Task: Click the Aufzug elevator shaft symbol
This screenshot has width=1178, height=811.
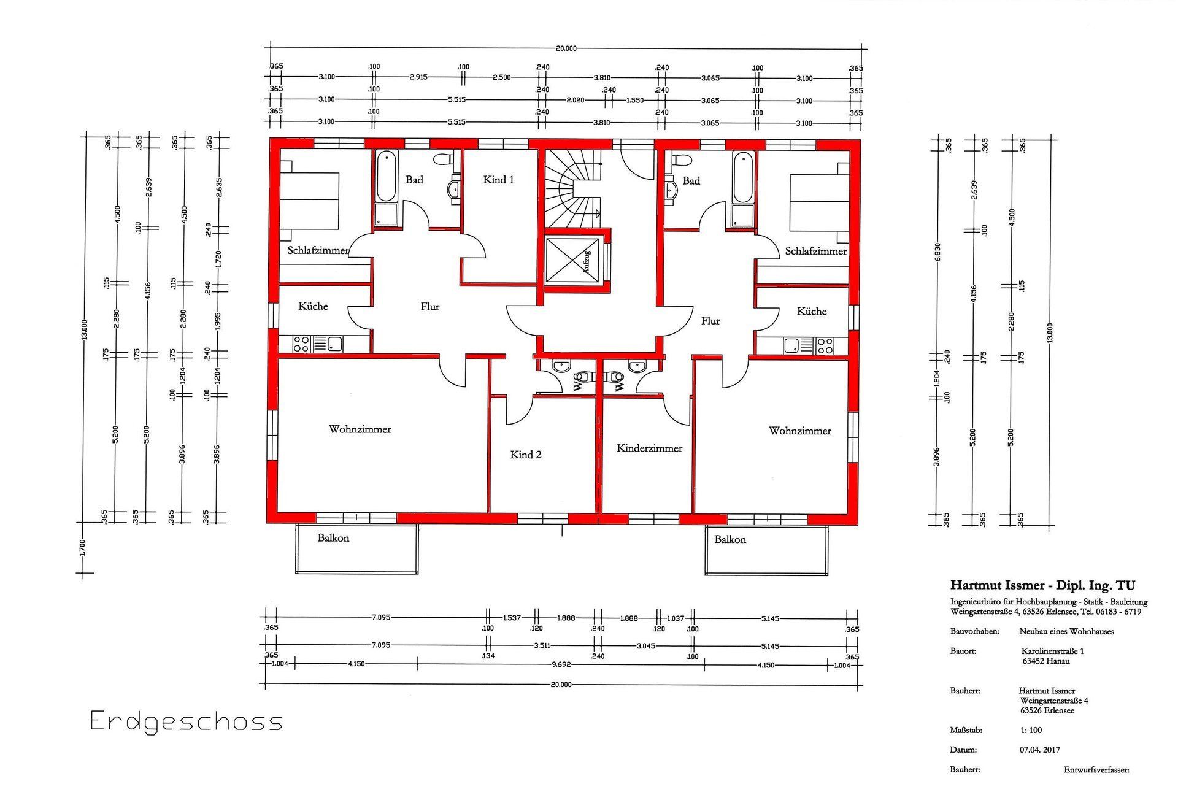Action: (573, 261)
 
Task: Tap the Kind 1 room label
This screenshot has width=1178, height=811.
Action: (498, 180)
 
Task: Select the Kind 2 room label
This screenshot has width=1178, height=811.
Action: (526, 455)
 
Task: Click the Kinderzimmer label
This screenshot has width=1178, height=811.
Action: (649, 448)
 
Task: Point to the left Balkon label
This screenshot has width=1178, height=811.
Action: (333, 538)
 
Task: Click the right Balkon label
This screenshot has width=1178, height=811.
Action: (730, 539)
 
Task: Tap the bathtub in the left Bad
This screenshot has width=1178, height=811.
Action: (386, 177)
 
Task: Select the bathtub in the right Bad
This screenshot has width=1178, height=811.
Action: (742, 178)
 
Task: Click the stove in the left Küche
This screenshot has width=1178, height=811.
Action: (301, 344)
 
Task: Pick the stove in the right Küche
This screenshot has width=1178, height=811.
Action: (825, 346)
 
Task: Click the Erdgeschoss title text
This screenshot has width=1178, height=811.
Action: (187, 721)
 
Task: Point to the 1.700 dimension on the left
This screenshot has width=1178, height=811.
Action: (83, 547)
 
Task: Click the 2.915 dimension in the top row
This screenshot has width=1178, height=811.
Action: (418, 77)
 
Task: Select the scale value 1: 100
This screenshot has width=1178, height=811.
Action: (1031, 730)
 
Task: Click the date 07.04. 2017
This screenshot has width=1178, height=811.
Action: (1039, 750)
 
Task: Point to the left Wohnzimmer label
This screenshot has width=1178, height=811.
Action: (360, 429)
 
